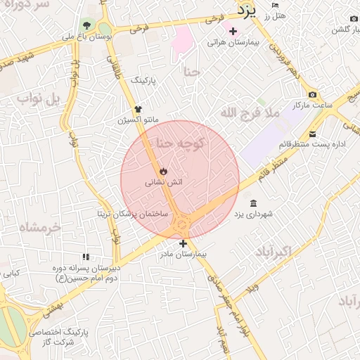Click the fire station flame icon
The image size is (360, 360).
pyautogui.click(x=163, y=170)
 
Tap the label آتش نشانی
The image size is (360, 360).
pyautogui.click(x=164, y=182)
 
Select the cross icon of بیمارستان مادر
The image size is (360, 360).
pyautogui.click(x=183, y=243)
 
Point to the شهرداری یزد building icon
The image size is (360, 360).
pyautogui.click(x=252, y=203)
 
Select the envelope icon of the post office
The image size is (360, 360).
pyautogui.click(x=312, y=134)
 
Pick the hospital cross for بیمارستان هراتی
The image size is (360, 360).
pyautogui.click(x=233, y=31)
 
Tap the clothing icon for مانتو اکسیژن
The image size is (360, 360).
pyautogui.click(x=138, y=109)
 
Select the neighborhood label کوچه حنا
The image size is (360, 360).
pyautogui.click(x=179, y=143)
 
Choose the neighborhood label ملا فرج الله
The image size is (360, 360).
pyautogui.click(x=250, y=112)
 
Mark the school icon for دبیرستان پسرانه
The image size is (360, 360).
pyautogui.click(x=86, y=257)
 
